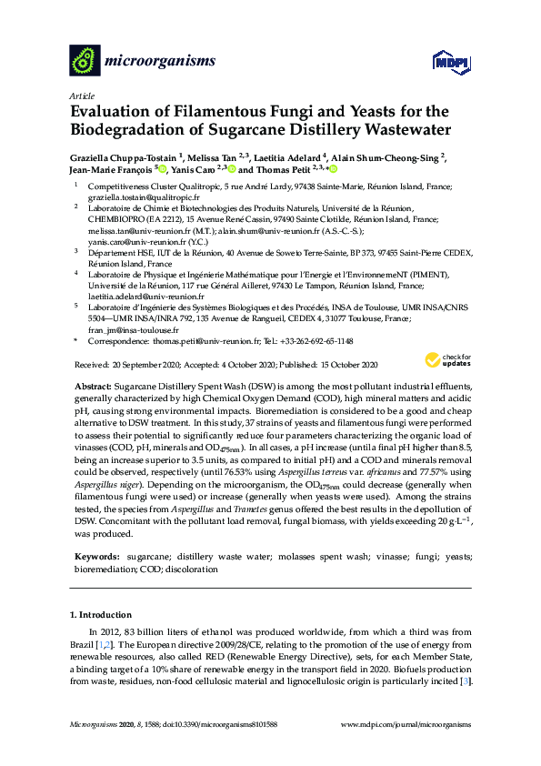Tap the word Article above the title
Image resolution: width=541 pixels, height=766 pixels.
tap(82, 95)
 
